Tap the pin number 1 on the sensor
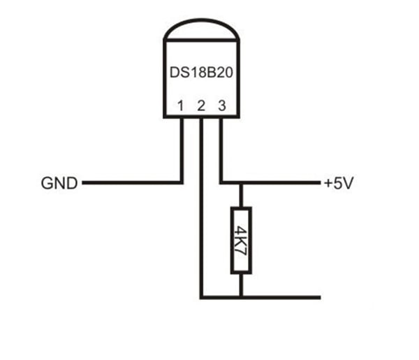(x=181, y=106)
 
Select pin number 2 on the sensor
(x=201, y=106)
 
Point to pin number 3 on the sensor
(x=221, y=106)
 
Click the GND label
(x=59, y=184)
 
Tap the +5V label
(x=339, y=184)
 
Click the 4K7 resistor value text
(x=241, y=240)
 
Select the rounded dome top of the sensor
(x=200, y=28)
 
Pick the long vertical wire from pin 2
(x=201, y=210)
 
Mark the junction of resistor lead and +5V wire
(x=241, y=183)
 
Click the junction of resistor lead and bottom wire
(x=241, y=297)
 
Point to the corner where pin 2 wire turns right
(x=201, y=297)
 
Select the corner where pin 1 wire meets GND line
(x=181, y=183)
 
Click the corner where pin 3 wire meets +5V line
(x=221, y=183)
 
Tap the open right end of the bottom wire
(x=319, y=297)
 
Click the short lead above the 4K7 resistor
(x=241, y=195)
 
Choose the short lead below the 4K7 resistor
(x=241, y=285)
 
